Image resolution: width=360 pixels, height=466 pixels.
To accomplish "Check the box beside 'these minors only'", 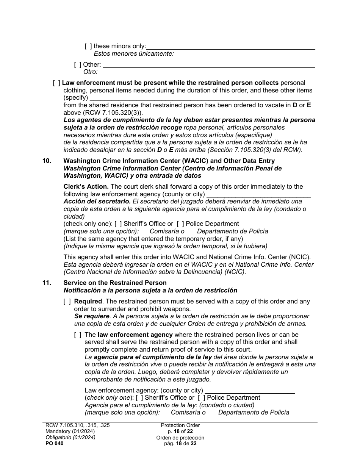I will tap(88, 46).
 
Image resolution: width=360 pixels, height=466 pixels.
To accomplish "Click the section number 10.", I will tap(47, 161).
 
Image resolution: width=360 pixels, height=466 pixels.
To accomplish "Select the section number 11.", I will tap(47, 283).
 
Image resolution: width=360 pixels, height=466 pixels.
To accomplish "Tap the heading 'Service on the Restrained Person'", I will tap(115, 283).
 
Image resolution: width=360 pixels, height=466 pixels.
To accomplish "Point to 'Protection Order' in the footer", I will tap(180, 425).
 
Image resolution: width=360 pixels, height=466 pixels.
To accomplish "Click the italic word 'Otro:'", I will tap(91, 72).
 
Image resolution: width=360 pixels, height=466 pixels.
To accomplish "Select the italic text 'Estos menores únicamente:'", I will tap(133, 53).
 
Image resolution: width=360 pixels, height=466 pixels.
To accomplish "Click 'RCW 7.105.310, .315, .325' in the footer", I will tap(77, 425).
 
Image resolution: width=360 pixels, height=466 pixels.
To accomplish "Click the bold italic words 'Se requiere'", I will tap(92, 316).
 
